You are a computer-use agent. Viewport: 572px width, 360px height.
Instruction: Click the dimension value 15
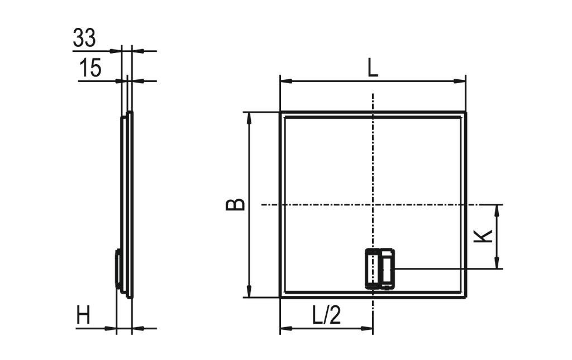pyautogui.click(x=90, y=68)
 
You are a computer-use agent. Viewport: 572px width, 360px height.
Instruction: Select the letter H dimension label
pyautogui.click(x=84, y=317)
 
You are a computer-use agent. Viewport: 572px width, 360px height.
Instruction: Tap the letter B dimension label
pyautogui.click(x=235, y=204)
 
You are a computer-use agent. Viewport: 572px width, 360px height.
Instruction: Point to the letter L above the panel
pyautogui.click(x=372, y=69)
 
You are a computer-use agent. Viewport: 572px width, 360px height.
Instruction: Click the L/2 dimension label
pyautogui.click(x=326, y=316)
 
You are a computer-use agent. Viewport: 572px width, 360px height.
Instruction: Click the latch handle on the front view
pyautogui.click(x=380, y=269)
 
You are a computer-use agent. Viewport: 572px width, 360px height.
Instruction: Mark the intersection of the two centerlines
pyautogui.click(x=373, y=205)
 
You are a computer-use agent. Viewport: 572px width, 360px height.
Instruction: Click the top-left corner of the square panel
pyautogui.click(x=280, y=112)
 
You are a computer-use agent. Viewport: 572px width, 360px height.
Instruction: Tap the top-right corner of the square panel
pyautogui.click(x=465, y=112)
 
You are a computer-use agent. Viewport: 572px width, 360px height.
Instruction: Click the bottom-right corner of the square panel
pyautogui.click(x=465, y=297)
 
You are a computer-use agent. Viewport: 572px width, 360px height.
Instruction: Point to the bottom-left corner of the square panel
pyautogui.click(x=280, y=297)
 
